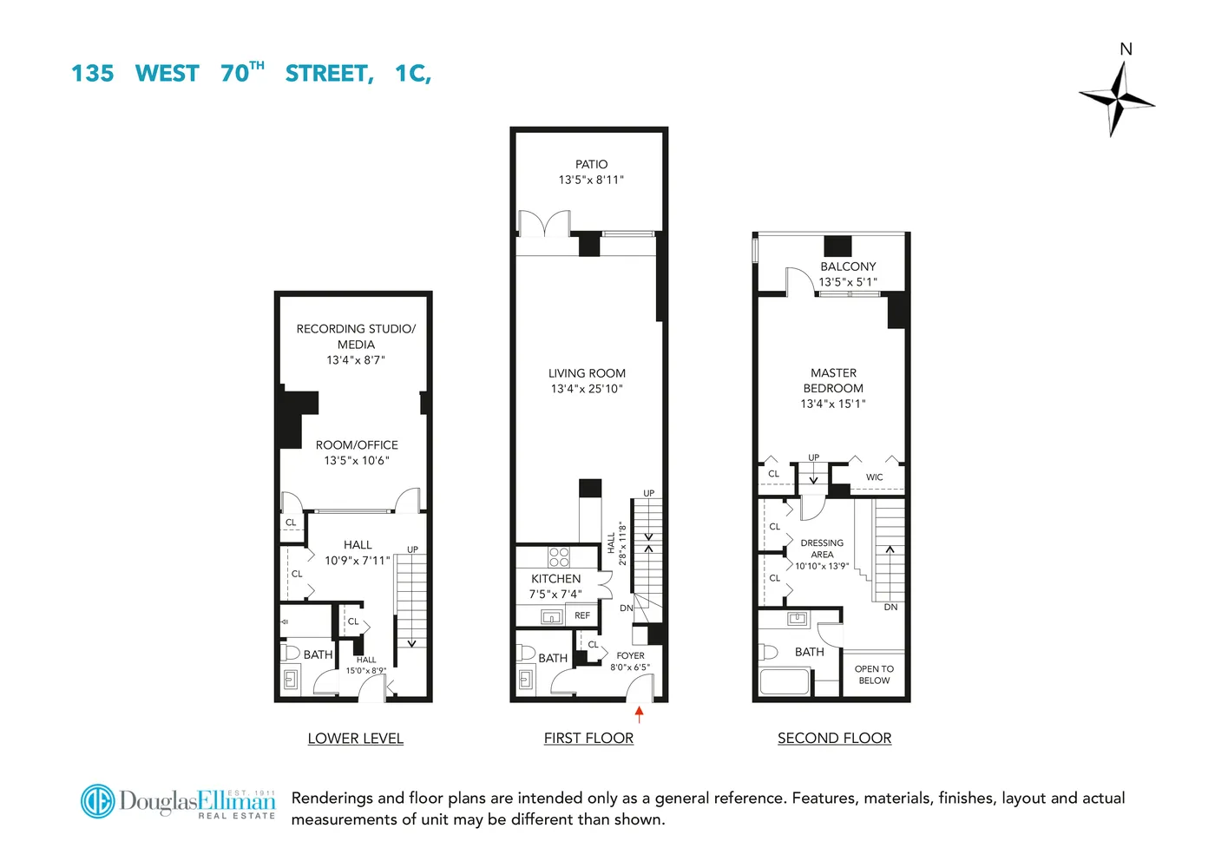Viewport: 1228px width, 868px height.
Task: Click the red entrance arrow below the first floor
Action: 640,714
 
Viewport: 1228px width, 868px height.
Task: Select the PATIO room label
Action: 591,164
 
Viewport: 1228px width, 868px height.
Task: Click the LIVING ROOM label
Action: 587,373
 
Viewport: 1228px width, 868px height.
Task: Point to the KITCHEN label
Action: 556,579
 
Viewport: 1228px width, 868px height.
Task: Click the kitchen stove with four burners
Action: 559,556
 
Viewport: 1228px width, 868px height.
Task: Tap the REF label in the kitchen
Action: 582,615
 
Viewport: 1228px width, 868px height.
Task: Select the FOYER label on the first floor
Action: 630,656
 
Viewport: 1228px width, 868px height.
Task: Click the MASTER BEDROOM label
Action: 833,380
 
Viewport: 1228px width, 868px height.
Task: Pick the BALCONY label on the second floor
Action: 848,266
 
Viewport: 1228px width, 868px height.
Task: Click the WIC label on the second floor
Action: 874,477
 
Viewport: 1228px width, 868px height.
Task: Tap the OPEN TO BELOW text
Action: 874,674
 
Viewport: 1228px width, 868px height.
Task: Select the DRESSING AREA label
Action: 822,549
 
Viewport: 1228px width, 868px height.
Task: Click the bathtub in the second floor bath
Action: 785,681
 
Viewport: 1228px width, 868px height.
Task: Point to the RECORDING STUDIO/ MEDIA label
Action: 356,336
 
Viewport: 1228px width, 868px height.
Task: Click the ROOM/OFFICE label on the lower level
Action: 357,445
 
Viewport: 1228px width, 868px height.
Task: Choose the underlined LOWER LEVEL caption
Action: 356,739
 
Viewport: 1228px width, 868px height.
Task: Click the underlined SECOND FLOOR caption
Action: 834,739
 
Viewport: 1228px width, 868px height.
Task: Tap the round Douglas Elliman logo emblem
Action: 98,800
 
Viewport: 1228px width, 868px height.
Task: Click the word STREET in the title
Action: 329,74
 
